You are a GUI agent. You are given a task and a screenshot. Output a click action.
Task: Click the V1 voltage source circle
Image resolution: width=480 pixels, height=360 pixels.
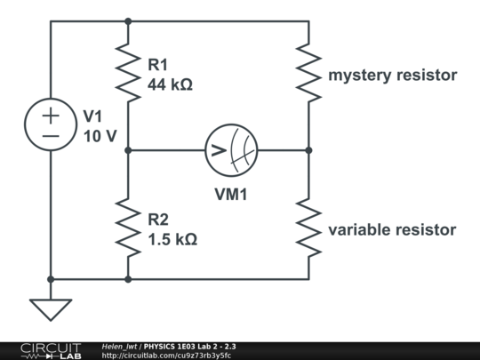pos(51,124)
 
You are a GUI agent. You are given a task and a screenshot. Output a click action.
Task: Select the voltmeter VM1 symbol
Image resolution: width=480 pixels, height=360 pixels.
pos(231,150)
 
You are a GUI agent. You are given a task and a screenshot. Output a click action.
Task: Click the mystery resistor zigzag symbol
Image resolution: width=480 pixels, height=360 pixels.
pos(308,73)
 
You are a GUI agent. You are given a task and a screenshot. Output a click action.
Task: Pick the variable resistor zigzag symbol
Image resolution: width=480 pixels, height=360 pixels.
pos(308,227)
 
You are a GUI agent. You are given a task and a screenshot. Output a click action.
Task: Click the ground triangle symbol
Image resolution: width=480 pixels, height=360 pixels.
pos(51,308)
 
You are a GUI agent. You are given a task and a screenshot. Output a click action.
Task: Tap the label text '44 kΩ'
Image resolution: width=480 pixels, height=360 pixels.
pos(171,85)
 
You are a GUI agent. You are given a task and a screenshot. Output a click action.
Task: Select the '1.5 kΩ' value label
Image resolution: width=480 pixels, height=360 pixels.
pos(172,239)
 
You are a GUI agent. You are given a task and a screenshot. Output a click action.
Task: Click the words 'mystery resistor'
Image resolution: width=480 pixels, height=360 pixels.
pos(393,76)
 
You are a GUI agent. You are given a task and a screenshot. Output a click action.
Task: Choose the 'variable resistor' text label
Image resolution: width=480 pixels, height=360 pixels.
pos(392,230)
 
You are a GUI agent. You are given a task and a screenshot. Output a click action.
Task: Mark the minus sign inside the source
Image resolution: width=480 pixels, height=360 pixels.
pos(51,136)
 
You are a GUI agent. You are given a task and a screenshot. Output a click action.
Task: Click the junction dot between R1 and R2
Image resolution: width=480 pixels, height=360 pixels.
pos(128,150)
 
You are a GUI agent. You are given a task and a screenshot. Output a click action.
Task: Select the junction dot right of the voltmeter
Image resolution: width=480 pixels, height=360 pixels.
pos(308,150)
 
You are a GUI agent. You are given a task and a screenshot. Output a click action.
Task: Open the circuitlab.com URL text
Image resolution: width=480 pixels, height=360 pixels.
pos(166,356)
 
